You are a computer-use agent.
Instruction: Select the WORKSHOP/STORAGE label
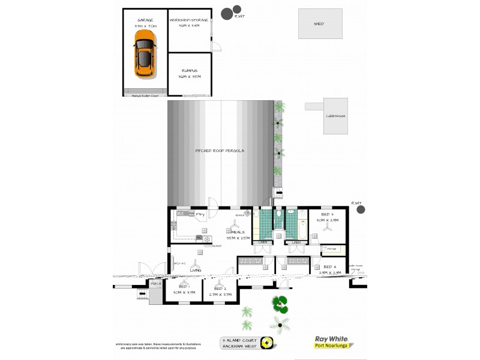coord(190,20)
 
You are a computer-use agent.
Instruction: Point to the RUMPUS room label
coord(190,70)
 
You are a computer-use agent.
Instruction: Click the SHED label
coord(319,24)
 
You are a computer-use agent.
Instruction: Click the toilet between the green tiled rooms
coord(280,214)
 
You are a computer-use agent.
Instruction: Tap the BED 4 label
coord(330,266)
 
